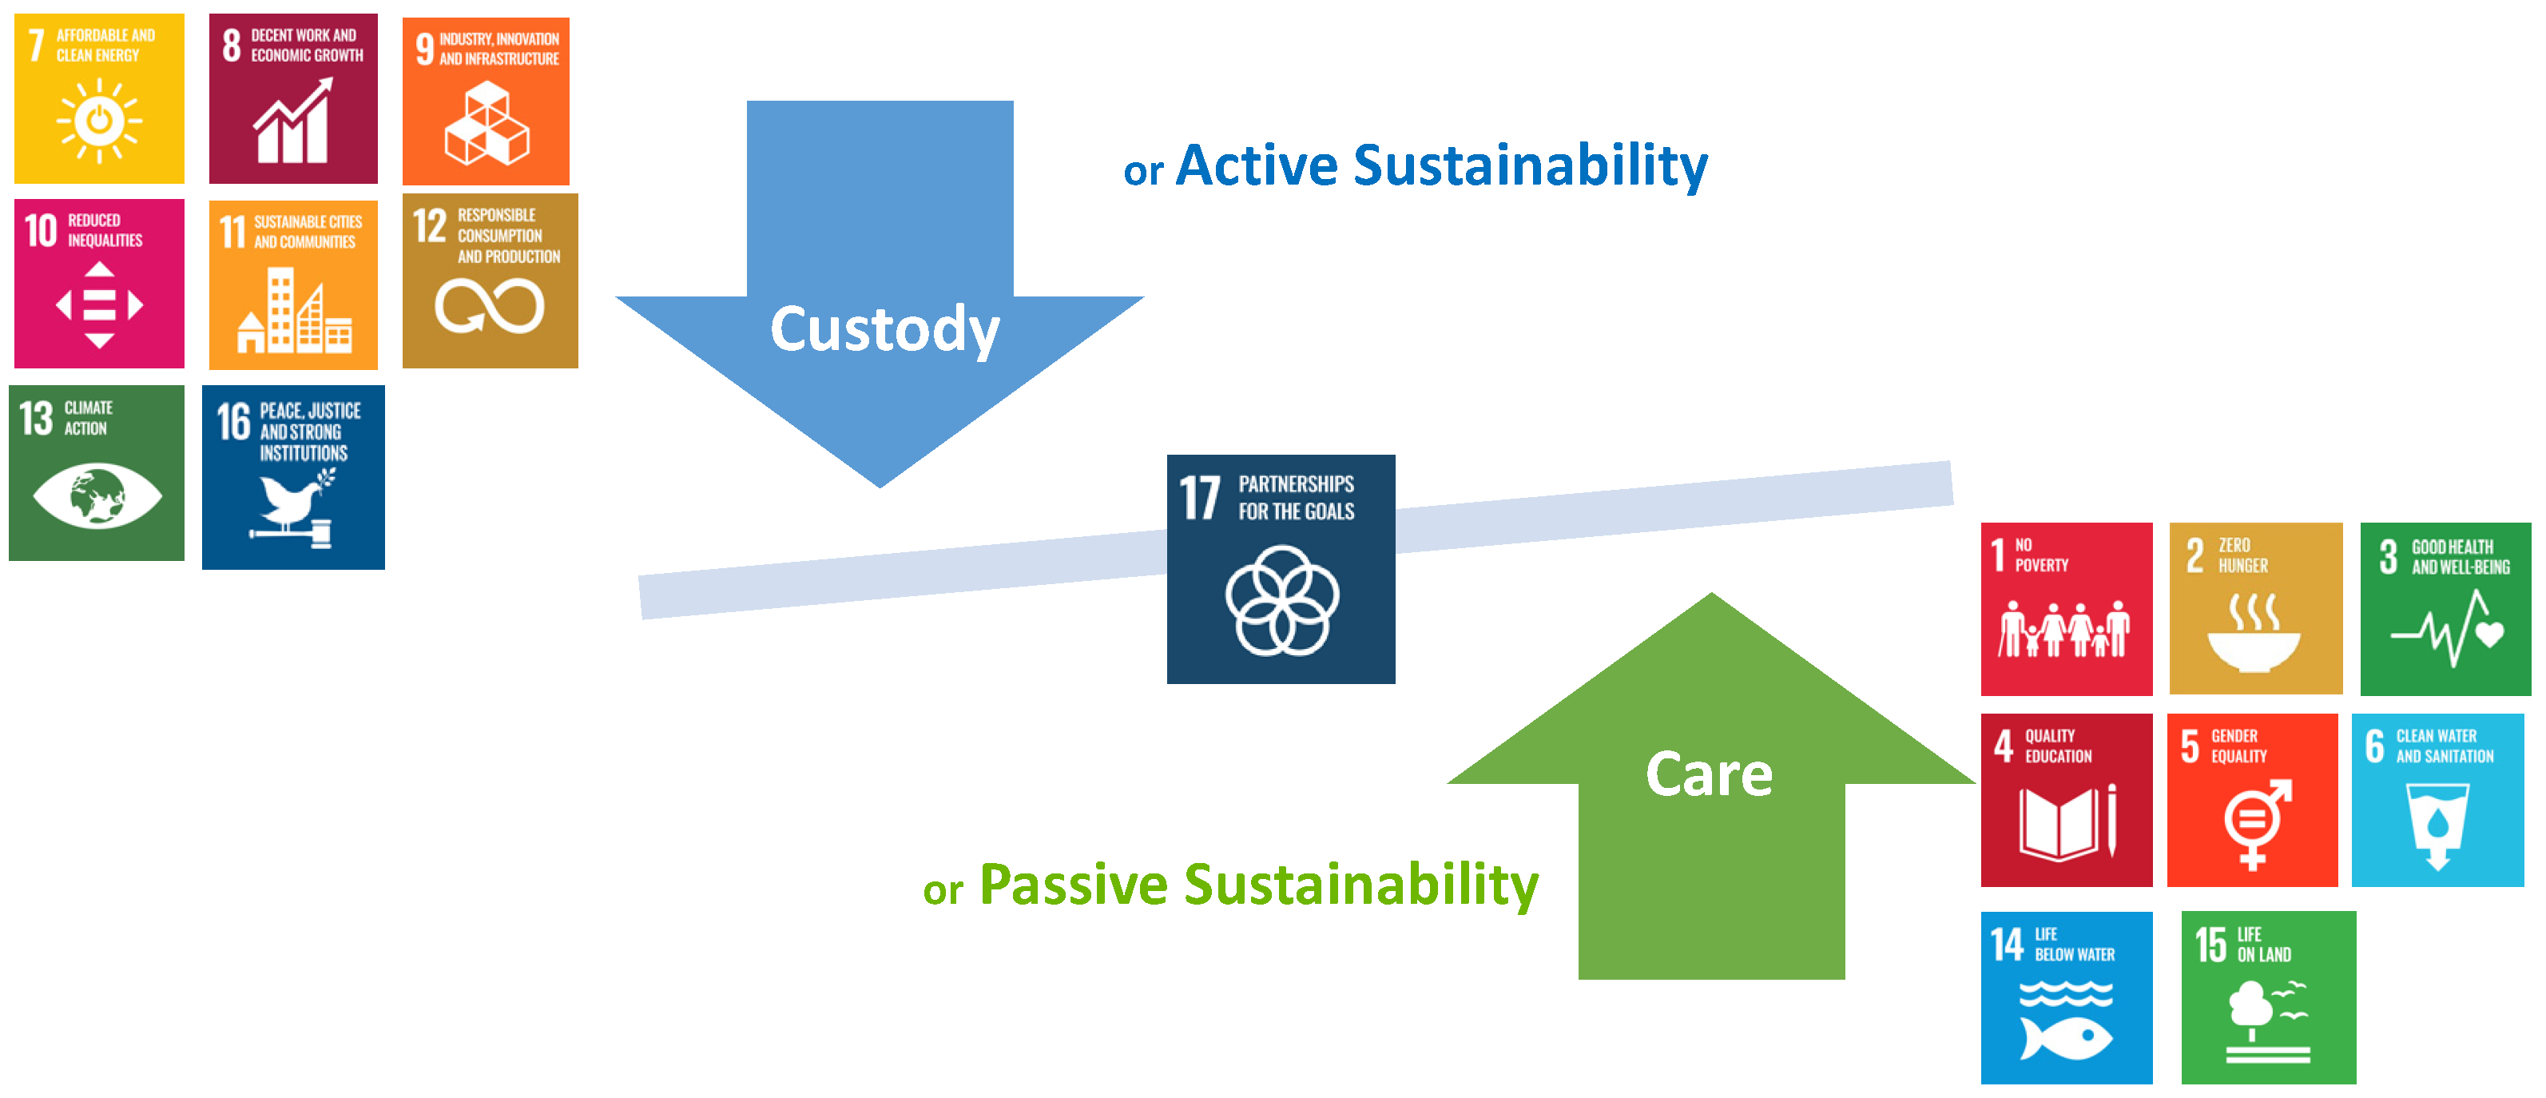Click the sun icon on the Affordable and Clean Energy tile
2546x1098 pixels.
(99, 121)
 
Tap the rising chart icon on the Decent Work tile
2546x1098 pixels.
(292, 121)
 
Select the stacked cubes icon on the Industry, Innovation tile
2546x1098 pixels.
(487, 124)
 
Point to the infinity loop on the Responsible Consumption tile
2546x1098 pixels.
(489, 306)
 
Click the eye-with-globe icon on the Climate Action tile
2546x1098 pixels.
(97, 494)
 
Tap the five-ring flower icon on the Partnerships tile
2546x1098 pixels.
(1282, 600)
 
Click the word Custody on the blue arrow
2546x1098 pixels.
(884, 329)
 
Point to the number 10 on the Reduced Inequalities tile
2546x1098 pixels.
(42, 230)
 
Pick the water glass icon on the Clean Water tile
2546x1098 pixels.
(2437, 826)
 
